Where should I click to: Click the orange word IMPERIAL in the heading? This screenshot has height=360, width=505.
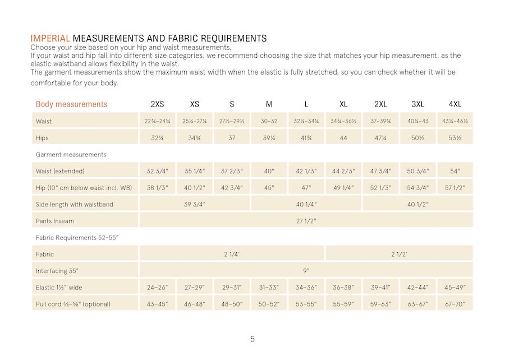pos(50,39)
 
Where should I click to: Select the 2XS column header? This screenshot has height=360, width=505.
pos(157,104)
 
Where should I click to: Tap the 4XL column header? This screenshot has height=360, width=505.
pos(454,104)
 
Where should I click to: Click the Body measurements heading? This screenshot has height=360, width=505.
pos(71,104)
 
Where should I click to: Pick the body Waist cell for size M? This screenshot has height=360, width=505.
pos(269,121)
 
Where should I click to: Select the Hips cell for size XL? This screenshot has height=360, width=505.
pos(343,138)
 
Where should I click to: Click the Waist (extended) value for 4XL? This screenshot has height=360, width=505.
pos(454,171)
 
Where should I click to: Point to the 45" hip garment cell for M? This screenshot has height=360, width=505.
pos(269,188)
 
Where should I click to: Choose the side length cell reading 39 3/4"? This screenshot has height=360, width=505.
pos(195,204)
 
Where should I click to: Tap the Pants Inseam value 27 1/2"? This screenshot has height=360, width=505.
pos(306,221)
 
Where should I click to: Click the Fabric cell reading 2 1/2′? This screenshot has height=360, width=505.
pos(399,255)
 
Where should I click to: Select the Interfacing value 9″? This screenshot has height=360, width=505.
pos(306,271)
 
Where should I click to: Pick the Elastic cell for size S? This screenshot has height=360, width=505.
pos(232,288)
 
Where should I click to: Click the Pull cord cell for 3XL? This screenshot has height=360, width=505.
pos(417,304)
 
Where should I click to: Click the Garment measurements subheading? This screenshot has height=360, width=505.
pos(71,154)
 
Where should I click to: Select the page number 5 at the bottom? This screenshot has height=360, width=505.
pos(252,339)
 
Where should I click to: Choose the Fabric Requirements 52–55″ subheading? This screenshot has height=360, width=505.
pos(77,238)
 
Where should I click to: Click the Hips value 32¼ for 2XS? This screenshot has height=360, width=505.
pos(157,138)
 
